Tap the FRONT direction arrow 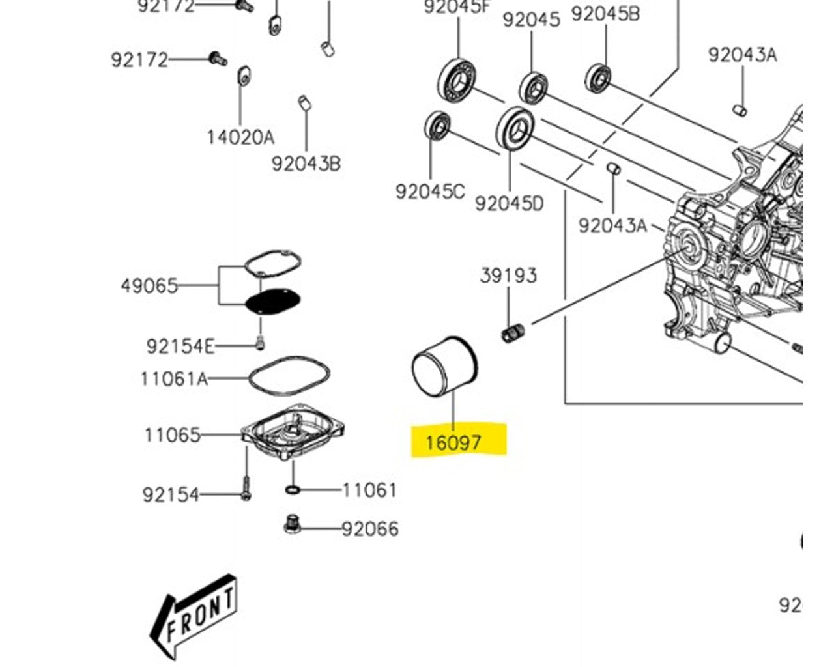[x=194, y=616]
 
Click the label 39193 [x=509, y=276]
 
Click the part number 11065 [x=173, y=434]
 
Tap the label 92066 [x=370, y=528]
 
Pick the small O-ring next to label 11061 [x=293, y=489]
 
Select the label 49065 [x=149, y=285]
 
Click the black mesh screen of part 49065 [x=272, y=301]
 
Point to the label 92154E [x=180, y=346]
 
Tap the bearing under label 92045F [x=458, y=78]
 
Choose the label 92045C [x=430, y=192]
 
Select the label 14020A [x=240, y=137]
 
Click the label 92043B [x=306, y=163]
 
